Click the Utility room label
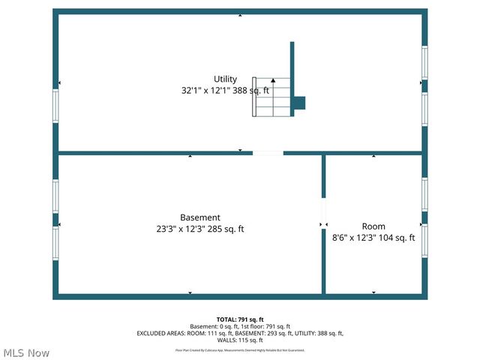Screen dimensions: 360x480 (x=225, y=79)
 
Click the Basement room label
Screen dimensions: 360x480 (x=199, y=217)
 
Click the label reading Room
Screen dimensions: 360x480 (x=373, y=226)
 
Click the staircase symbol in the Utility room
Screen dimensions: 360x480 (x=271, y=97)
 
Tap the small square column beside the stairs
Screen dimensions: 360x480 (x=298, y=103)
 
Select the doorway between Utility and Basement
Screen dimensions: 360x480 (x=268, y=153)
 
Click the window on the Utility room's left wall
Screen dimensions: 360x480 (x=55, y=106)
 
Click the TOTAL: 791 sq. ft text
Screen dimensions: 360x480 (x=240, y=319)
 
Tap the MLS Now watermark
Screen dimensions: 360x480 (x=26, y=352)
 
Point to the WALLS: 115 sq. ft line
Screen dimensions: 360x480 (x=240, y=340)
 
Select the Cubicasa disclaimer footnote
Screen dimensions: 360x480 (x=240, y=350)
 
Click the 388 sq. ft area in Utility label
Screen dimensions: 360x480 (x=251, y=90)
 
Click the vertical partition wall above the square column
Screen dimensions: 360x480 (x=292, y=67)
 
